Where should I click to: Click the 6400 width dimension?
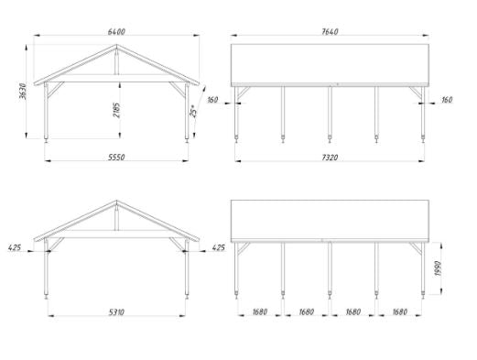tap(116, 31)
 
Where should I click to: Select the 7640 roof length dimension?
tap(330, 31)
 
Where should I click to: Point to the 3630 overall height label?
tap(23, 91)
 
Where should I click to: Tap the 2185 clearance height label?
tap(116, 110)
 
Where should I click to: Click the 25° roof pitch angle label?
tap(193, 111)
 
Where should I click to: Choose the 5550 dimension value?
tap(116, 157)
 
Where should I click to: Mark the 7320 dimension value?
tap(330, 158)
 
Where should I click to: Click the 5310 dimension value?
tap(116, 312)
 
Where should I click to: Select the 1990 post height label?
tap(438, 268)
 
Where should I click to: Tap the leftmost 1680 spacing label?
tap(260, 311)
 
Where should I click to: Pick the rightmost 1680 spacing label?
tap(400, 311)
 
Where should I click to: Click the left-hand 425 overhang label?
tap(15, 247)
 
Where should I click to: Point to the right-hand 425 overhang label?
tap(218, 247)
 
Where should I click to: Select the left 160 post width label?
tap(212, 100)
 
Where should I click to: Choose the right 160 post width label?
tap(447, 100)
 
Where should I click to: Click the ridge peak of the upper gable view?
tap(116, 45)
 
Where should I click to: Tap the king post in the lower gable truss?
tap(116, 217)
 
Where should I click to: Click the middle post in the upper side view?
tap(330, 114)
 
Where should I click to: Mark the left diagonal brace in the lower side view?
tap(244, 248)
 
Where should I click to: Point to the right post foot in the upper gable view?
tap(187, 140)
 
